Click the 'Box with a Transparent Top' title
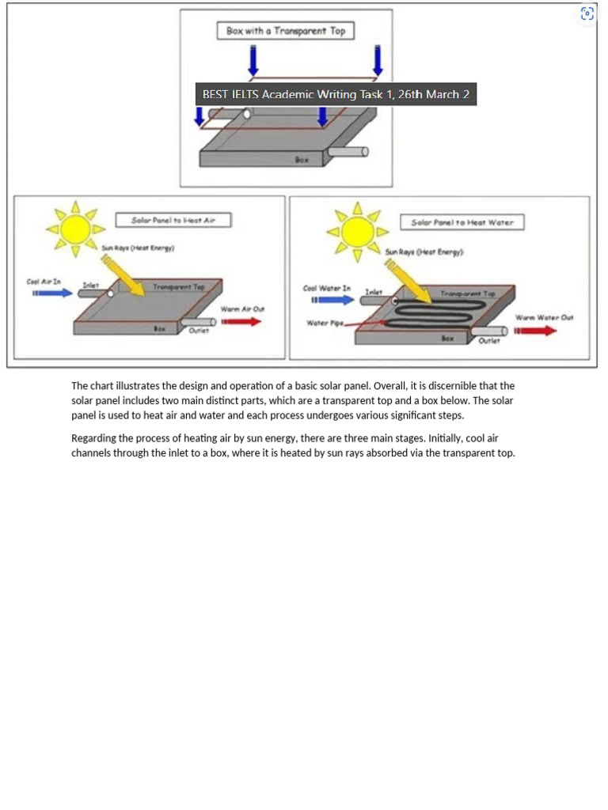click(x=285, y=31)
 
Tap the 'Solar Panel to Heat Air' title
click(x=173, y=220)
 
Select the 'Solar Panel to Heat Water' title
click(x=462, y=222)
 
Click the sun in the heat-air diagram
click(x=75, y=229)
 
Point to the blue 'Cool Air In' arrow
click(x=52, y=293)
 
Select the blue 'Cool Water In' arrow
click(x=332, y=300)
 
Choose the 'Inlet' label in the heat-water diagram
click(x=373, y=292)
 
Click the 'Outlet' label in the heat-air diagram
click(x=198, y=331)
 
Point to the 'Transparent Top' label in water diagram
click(x=468, y=293)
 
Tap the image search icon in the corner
click(x=587, y=13)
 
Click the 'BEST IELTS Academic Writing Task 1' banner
click(x=336, y=94)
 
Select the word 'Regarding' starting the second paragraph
click(x=93, y=438)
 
